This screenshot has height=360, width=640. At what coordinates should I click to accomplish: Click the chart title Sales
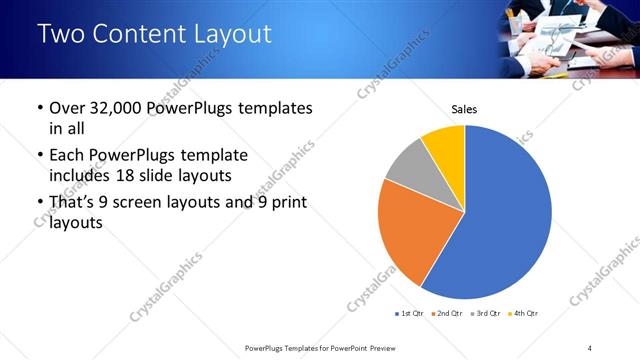tap(464, 108)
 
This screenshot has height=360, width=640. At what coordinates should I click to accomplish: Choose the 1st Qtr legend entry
tap(411, 314)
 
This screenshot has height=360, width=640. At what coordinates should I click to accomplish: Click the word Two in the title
tap(62, 33)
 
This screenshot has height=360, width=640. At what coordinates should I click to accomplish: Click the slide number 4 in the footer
tap(590, 348)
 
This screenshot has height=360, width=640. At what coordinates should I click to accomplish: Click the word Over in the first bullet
tap(66, 108)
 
